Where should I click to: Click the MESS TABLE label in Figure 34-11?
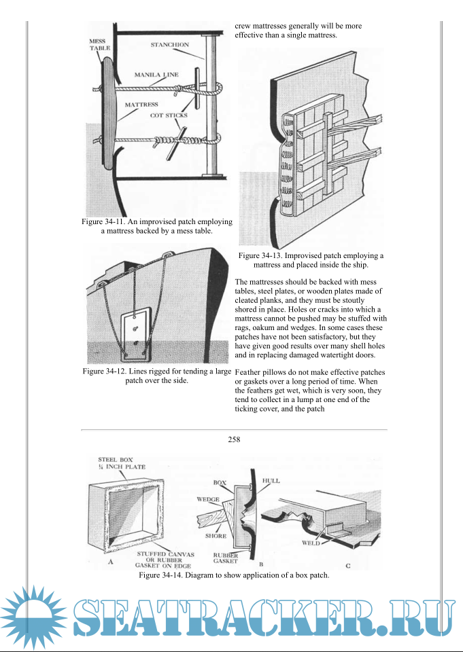(99, 45)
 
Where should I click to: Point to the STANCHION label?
(172, 46)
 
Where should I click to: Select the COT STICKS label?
(169, 115)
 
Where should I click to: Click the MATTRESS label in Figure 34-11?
(141, 105)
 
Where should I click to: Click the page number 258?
(235, 439)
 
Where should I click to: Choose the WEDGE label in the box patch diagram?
(207, 499)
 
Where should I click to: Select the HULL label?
(271, 481)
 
